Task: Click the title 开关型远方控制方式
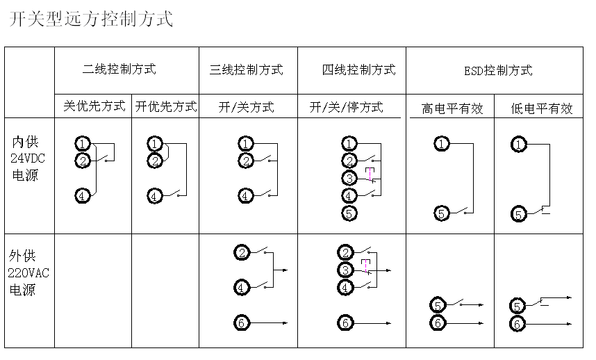tap(90, 19)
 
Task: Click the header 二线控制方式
tap(119, 69)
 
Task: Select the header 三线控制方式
tap(247, 69)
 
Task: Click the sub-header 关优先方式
tap(94, 106)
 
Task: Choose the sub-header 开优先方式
tap(166, 106)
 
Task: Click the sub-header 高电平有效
tap(452, 108)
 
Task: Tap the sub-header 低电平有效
tap(542, 108)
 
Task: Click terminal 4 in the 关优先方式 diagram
tap(83, 196)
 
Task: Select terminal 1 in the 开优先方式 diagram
tap(155, 144)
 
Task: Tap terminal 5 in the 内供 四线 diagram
tap(349, 213)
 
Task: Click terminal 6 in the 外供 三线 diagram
tap(242, 322)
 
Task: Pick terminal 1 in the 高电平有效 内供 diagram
tap(442, 144)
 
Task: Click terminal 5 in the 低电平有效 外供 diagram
tap(518, 306)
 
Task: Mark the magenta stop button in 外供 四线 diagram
tap(366, 265)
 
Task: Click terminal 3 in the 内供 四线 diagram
tap(349, 178)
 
